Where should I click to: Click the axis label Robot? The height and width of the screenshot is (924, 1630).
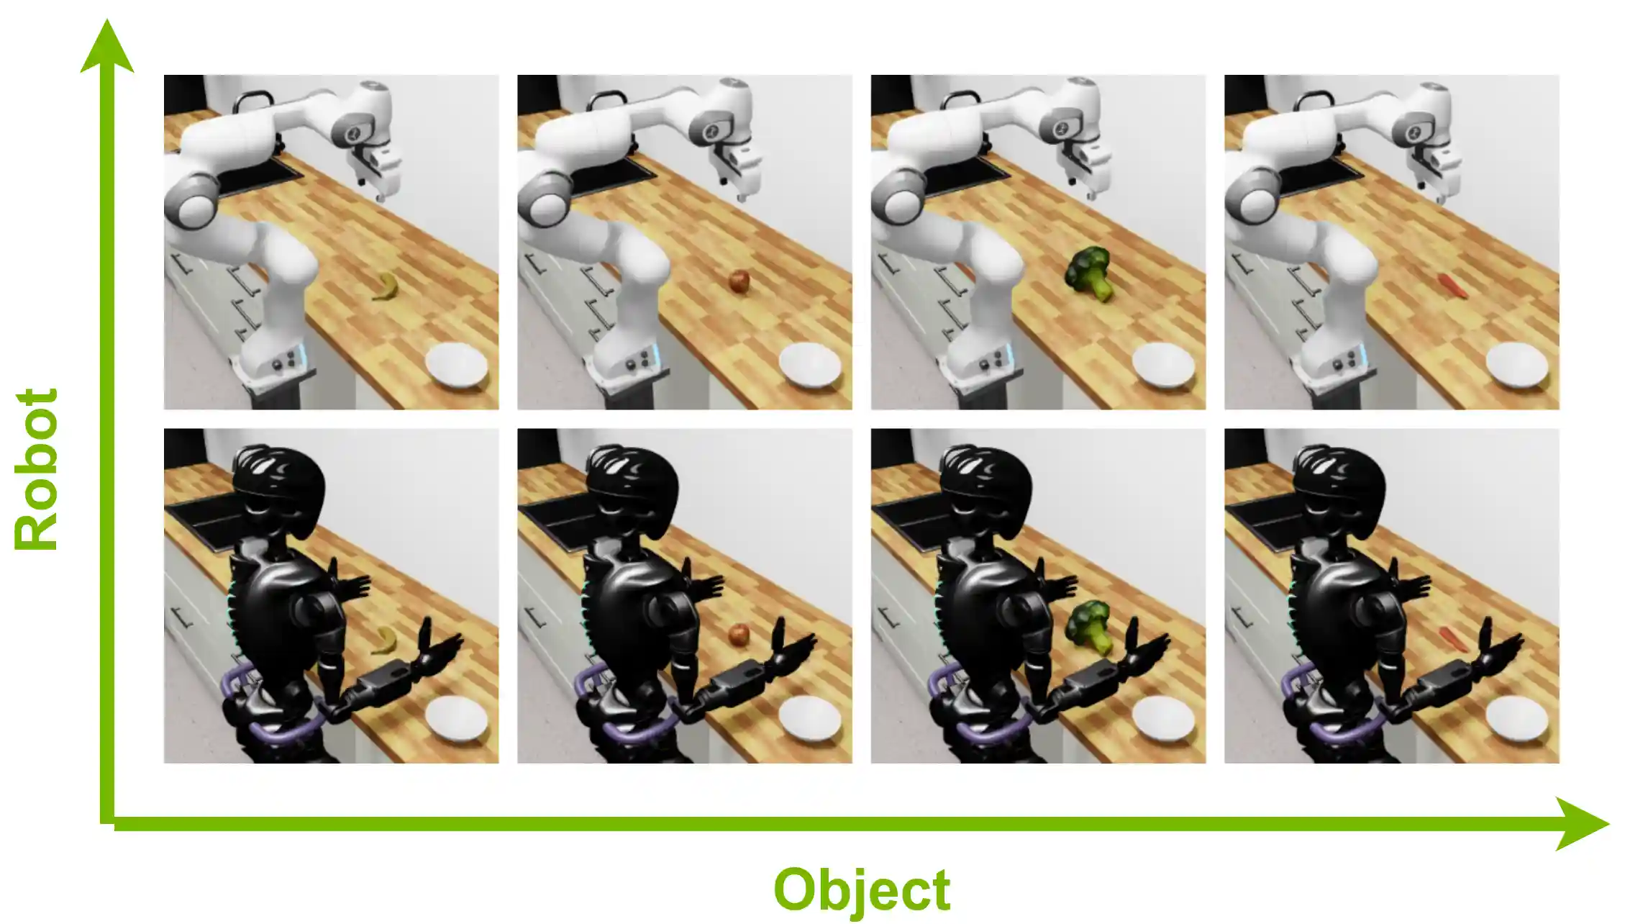(x=36, y=469)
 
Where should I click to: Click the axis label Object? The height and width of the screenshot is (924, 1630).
(x=862, y=890)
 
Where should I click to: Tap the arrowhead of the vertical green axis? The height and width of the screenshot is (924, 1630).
(x=107, y=47)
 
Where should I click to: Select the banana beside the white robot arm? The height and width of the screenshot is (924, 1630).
(x=386, y=286)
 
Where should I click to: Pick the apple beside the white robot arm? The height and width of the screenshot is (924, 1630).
(x=739, y=281)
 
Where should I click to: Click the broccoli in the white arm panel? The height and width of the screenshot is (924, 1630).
(x=1089, y=273)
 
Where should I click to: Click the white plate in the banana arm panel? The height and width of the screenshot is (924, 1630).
(x=457, y=365)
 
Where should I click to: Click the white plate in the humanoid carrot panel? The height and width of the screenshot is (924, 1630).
(x=1516, y=718)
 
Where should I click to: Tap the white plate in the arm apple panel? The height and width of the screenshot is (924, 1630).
(x=810, y=365)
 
